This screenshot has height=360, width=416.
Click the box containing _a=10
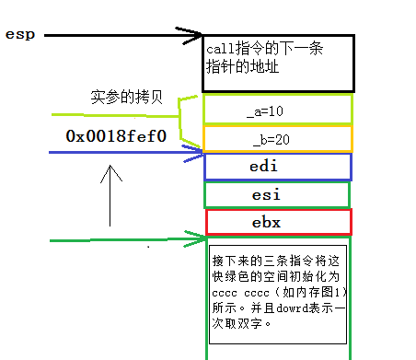(x=277, y=110)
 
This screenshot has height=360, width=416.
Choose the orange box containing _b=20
(x=277, y=138)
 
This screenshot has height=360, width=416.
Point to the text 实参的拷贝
(x=128, y=98)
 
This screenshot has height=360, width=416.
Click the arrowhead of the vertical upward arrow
(x=111, y=170)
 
